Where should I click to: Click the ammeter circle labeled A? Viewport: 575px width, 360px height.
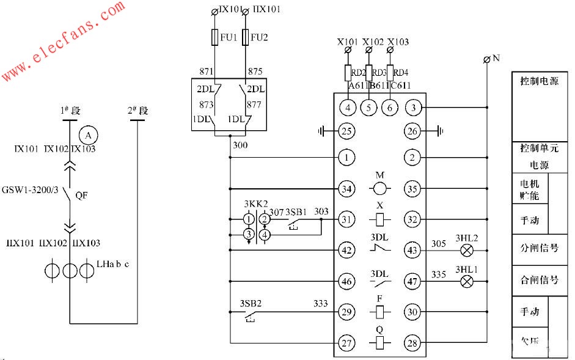click(88, 134)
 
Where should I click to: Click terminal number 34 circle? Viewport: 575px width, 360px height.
click(346, 189)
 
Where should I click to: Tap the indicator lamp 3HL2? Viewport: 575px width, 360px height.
click(466, 250)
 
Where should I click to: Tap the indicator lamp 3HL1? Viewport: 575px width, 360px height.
click(466, 281)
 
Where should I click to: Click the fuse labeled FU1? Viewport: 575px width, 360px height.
click(214, 37)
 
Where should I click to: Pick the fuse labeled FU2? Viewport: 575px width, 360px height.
click(245, 37)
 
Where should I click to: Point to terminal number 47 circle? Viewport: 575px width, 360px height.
click(412, 281)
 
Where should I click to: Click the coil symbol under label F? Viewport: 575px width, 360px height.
click(380, 312)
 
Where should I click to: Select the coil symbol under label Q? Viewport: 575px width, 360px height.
click(380, 343)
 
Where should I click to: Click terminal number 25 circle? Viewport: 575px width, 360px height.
click(346, 130)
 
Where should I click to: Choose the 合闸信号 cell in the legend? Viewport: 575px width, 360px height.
click(539, 280)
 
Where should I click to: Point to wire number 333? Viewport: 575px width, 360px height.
click(320, 303)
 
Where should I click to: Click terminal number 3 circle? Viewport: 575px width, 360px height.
click(412, 108)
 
